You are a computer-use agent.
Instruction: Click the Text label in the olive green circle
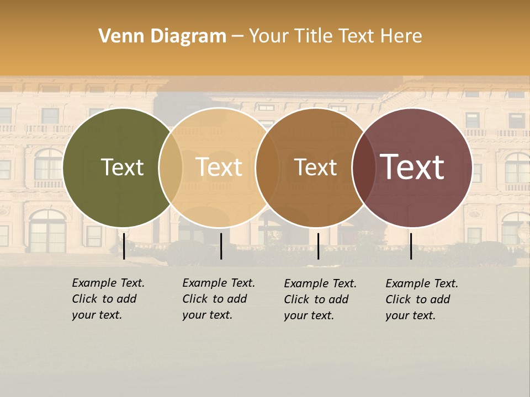(122, 167)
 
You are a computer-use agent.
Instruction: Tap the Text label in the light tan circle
(219, 167)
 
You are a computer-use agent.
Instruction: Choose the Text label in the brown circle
(315, 167)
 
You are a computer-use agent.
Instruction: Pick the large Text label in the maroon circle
(412, 167)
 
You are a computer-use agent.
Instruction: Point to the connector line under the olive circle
(124, 246)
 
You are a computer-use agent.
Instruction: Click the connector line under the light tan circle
(221, 246)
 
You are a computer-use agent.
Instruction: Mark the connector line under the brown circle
(319, 246)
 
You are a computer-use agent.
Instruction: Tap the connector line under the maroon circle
(411, 246)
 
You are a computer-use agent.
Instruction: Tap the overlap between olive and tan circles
(171, 167)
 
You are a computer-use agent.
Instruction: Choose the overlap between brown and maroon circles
(364, 167)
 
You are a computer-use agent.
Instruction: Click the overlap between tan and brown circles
(267, 167)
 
